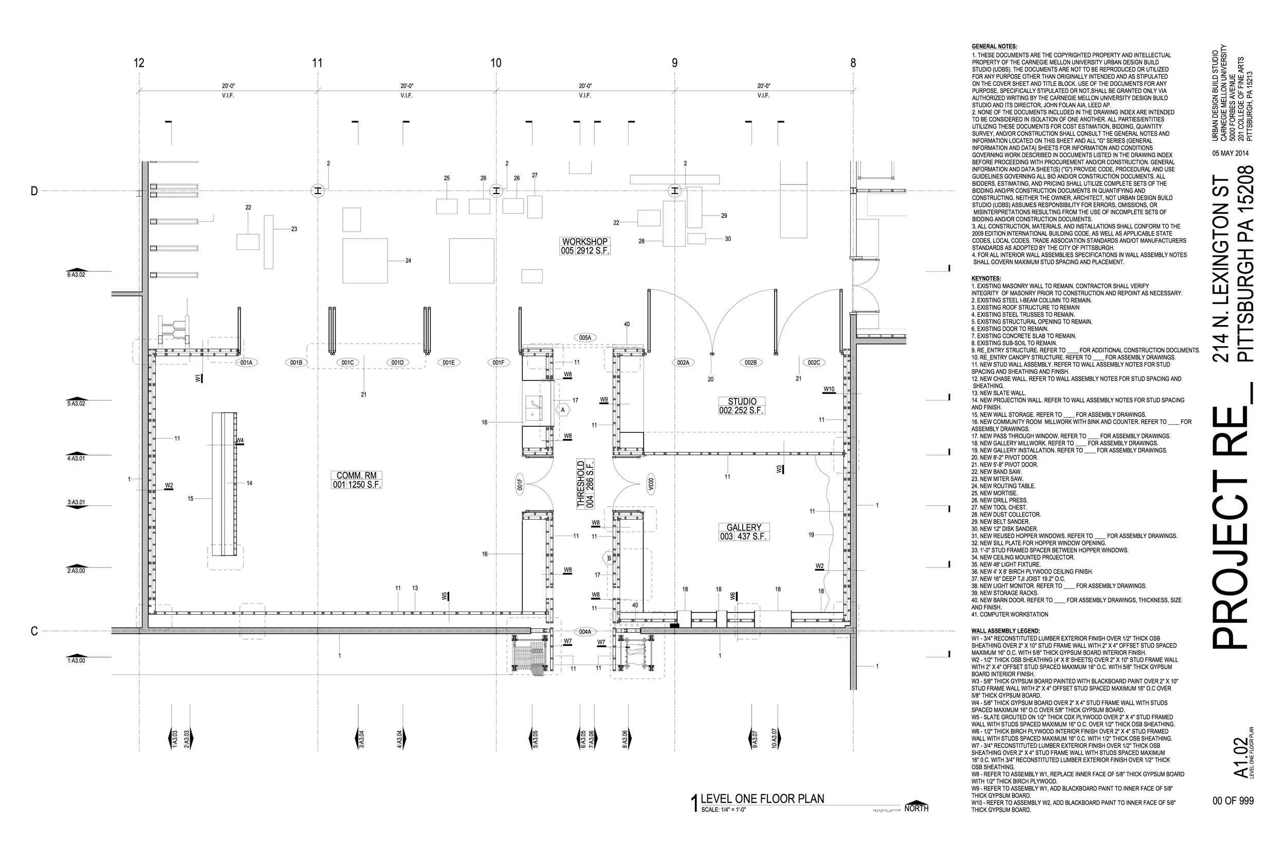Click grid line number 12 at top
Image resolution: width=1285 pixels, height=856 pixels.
click(139, 63)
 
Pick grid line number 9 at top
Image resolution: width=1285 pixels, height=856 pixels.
click(674, 63)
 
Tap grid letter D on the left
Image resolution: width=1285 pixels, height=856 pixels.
click(34, 191)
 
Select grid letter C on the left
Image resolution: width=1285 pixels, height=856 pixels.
click(34, 632)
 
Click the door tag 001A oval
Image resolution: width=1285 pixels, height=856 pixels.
click(246, 363)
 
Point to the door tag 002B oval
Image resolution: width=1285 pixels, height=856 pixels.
click(750, 363)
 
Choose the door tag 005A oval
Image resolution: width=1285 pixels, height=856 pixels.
click(585, 338)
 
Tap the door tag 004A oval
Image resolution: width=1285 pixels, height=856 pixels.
click(585, 632)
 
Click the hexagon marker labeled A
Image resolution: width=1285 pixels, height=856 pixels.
click(563, 410)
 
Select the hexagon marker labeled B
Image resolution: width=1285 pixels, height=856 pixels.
click(609, 559)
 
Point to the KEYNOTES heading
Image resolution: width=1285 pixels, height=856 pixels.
click(986, 278)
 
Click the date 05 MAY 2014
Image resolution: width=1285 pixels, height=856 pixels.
click(1231, 154)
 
